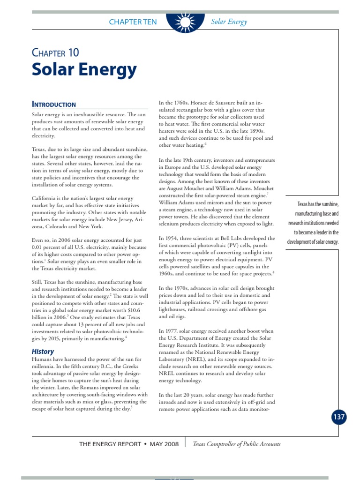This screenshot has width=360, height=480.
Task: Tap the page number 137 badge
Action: point(339,417)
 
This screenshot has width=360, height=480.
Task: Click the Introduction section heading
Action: point(53,104)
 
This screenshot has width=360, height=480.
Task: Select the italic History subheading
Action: point(43,351)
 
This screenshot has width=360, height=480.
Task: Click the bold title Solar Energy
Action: point(84,70)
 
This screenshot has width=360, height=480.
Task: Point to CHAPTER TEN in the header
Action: point(133,22)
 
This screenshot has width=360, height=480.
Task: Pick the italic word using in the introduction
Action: point(75,171)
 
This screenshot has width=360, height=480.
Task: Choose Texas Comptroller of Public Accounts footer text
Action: point(237,444)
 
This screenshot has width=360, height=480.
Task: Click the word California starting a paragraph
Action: point(45,198)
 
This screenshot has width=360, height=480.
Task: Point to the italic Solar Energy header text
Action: point(229,22)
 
